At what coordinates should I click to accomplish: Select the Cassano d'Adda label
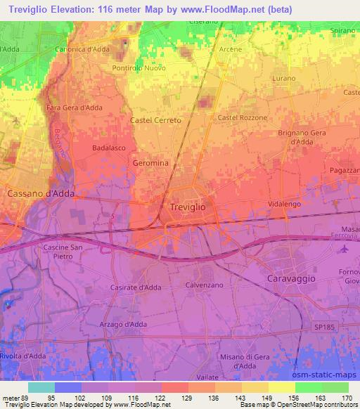coord(40,193)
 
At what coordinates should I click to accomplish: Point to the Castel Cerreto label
coord(156,120)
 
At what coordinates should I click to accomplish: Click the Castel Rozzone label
coord(243,117)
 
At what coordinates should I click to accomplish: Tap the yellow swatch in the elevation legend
coord(282,387)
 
